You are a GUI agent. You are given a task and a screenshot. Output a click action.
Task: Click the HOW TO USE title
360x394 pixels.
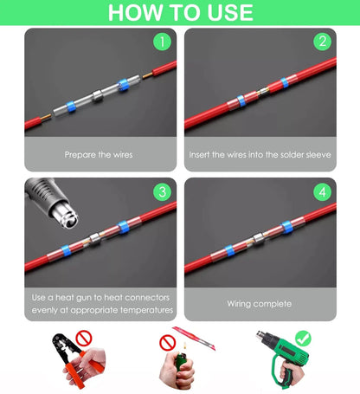(x=180, y=13)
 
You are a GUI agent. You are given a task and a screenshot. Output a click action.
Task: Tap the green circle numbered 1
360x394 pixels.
(x=161, y=41)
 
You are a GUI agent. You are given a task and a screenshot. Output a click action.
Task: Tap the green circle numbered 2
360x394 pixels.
(x=322, y=41)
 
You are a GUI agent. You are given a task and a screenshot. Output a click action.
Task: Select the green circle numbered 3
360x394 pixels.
(x=161, y=191)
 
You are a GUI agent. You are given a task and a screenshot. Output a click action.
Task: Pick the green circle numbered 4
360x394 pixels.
(x=322, y=191)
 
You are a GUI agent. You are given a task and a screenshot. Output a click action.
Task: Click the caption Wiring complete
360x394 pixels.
(x=260, y=304)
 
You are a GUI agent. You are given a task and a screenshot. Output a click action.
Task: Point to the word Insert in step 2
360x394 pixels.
(x=203, y=155)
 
